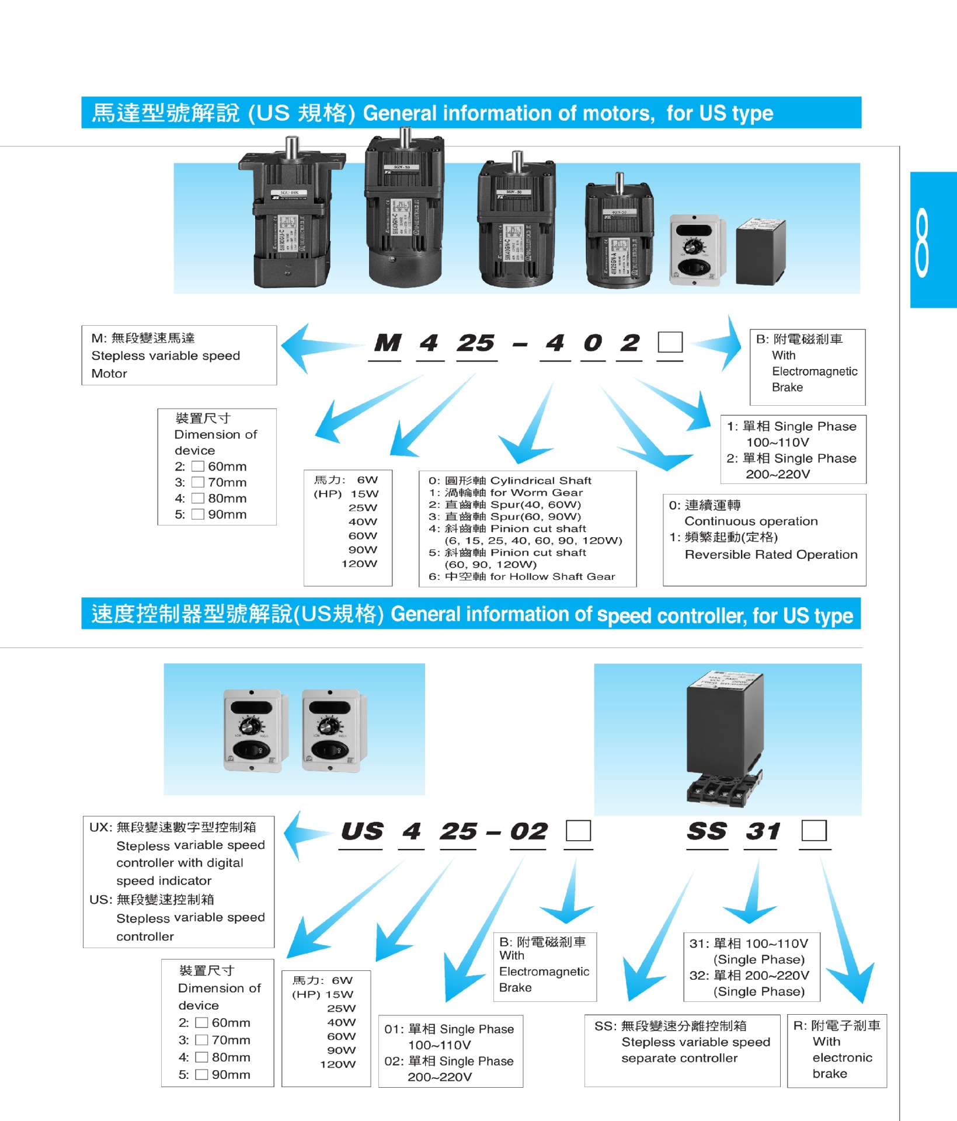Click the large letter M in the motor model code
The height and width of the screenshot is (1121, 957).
[387, 343]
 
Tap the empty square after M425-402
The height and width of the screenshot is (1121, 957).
[670, 342]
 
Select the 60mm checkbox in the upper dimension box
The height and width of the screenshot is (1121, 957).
[198, 466]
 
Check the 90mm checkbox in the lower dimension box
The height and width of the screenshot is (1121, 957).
[201, 1074]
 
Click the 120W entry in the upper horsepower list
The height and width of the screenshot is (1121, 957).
[359, 564]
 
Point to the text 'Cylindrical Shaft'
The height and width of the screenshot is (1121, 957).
[541, 481]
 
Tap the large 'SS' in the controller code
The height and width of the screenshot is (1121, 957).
[707, 831]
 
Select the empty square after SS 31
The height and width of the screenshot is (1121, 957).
[814, 830]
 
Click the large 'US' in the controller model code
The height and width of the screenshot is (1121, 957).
[362, 831]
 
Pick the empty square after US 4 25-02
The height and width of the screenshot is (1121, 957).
[578, 831]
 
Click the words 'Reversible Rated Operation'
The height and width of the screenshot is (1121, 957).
[771, 555]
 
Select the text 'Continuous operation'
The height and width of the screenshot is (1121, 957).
[751, 521]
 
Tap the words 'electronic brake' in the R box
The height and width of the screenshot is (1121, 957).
[841, 1066]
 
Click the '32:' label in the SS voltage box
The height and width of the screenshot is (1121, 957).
[699, 976]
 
